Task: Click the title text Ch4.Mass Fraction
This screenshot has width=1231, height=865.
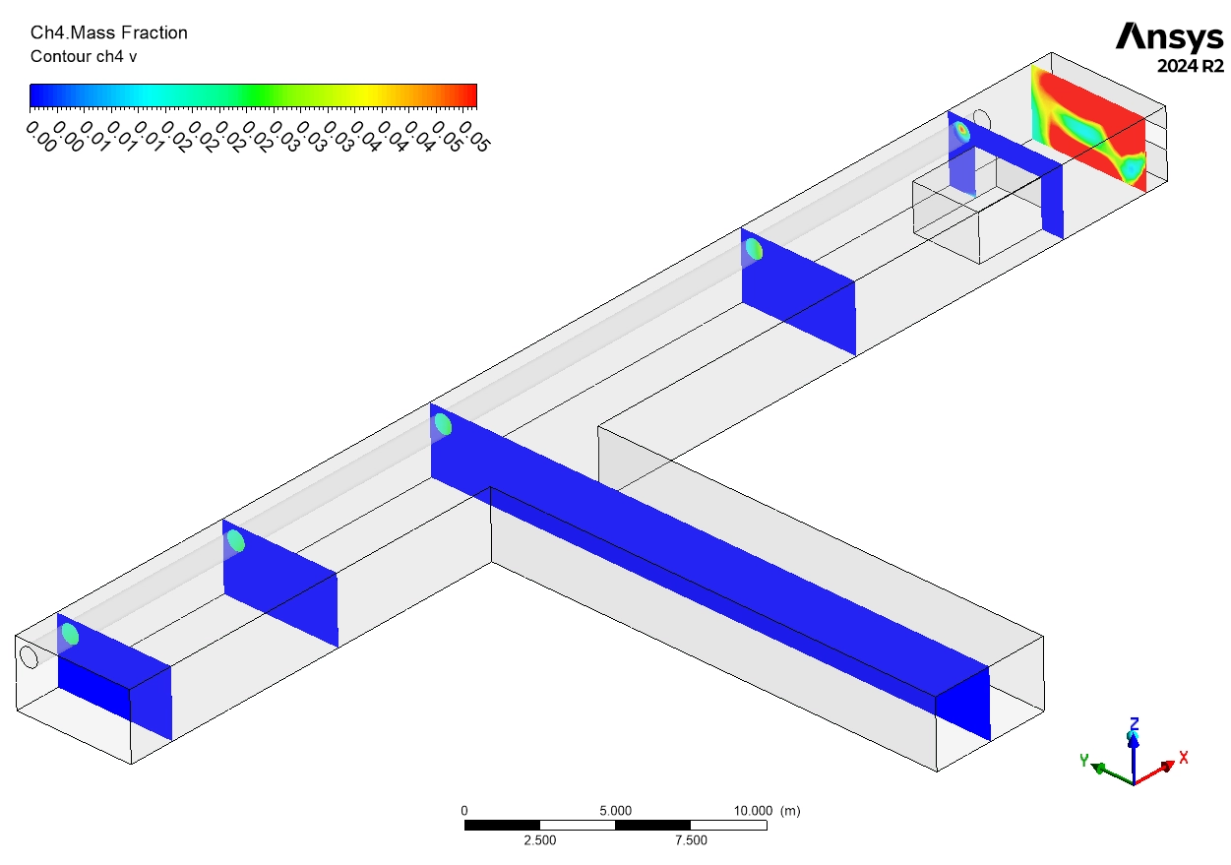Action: (x=108, y=32)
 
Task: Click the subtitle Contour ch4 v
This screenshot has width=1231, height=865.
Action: (x=84, y=56)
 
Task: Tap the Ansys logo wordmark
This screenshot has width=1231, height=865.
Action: (x=1169, y=37)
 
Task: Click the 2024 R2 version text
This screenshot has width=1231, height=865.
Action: (x=1191, y=66)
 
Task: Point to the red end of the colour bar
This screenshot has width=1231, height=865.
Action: (x=469, y=94)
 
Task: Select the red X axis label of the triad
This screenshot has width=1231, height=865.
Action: (x=1184, y=757)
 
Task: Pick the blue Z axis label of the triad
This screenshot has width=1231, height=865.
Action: (x=1134, y=723)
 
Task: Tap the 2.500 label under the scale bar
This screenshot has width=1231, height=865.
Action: (x=539, y=840)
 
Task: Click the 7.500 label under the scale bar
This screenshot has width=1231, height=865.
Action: (x=690, y=840)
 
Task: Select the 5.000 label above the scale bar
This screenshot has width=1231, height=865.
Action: (x=615, y=811)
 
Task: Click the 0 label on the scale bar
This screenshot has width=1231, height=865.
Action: (x=464, y=811)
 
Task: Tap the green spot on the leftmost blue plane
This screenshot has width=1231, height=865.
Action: (x=70, y=633)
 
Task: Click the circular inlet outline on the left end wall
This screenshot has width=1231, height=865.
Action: (x=29, y=656)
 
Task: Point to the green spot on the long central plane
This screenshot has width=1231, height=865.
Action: (x=443, y=424)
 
